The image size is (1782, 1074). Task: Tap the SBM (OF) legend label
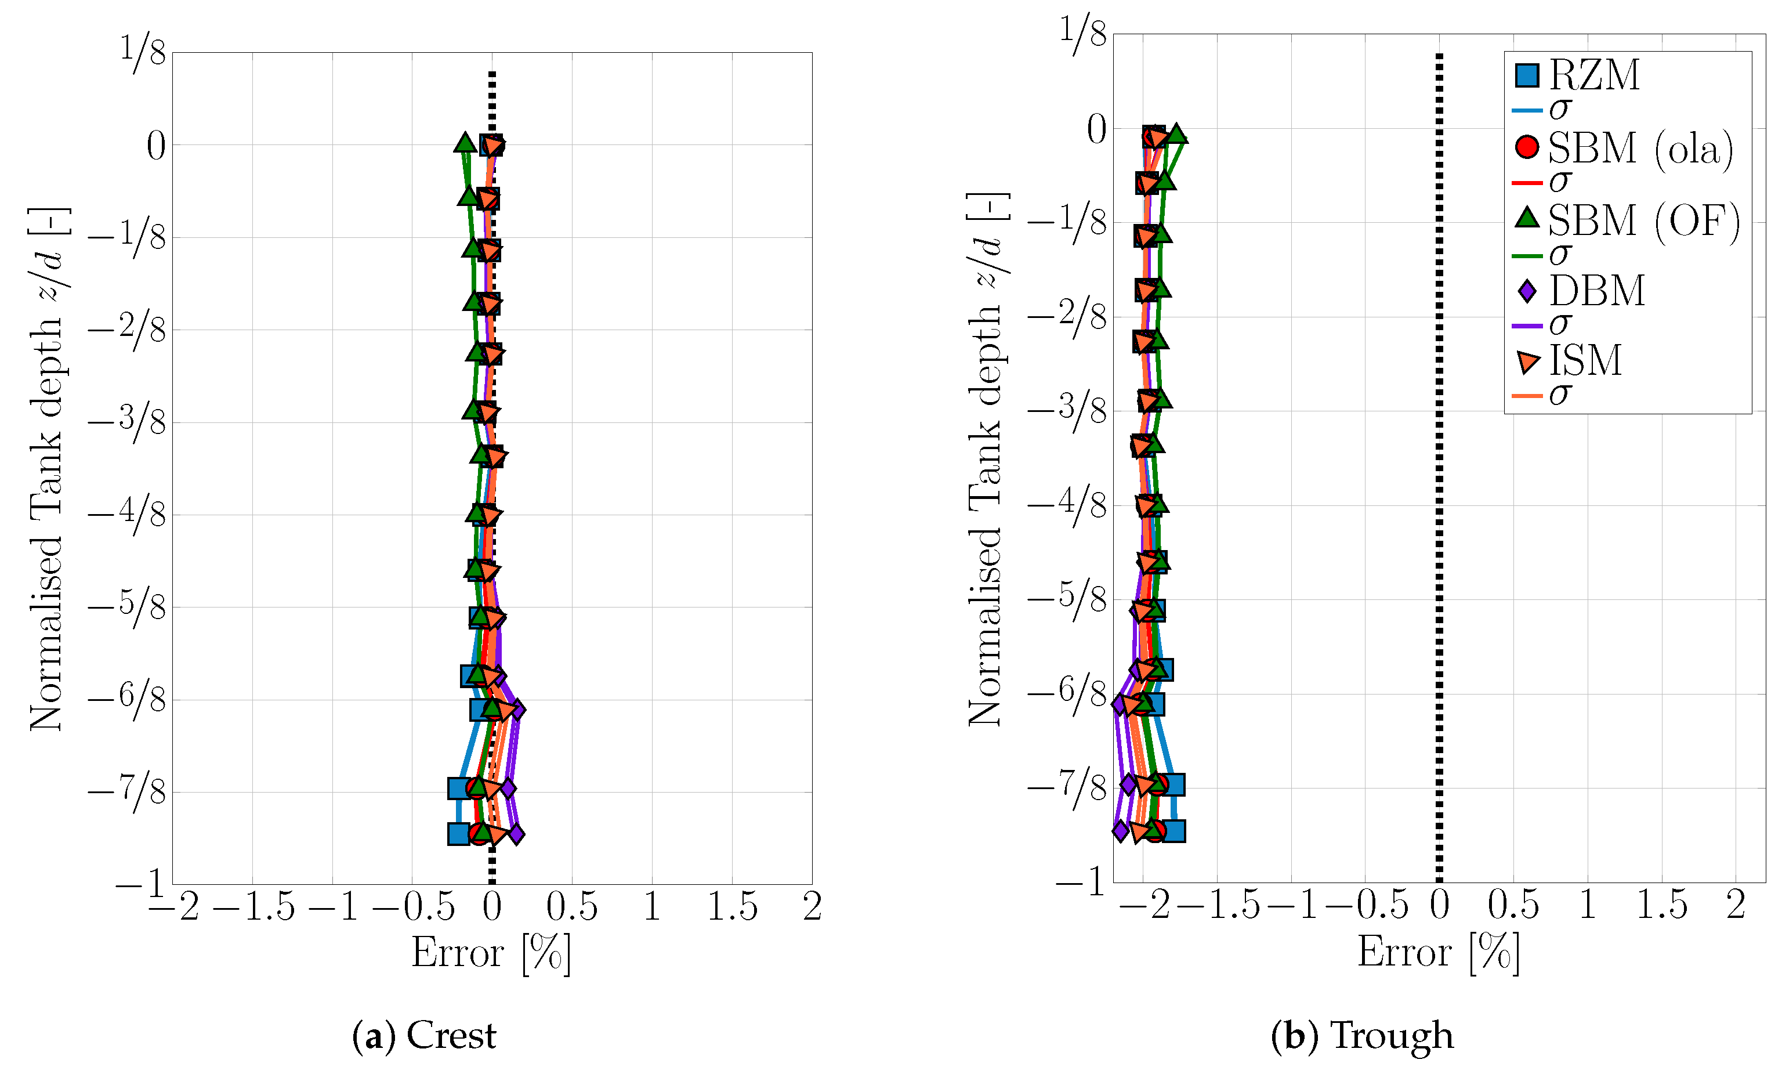click(1642, 220)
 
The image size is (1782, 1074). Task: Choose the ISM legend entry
click(1584, 360)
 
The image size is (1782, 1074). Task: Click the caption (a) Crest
click(424, 1035)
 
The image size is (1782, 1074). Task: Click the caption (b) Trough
click(1363, 1035)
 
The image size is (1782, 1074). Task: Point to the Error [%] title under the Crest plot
click(491, 953)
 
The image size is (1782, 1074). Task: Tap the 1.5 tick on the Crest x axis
click(732, 907)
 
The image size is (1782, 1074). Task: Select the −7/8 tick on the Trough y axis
click(1067, 787)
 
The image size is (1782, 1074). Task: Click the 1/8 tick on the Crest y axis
click(143, 52)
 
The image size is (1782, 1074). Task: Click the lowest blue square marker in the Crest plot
click(458, 834)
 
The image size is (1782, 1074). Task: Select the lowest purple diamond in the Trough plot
click(1120, 830)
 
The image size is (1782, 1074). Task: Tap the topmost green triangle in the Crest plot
click(464, 143)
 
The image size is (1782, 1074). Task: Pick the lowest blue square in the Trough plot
click(1173, 831)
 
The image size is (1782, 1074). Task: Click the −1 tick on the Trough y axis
click(1081, 881)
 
